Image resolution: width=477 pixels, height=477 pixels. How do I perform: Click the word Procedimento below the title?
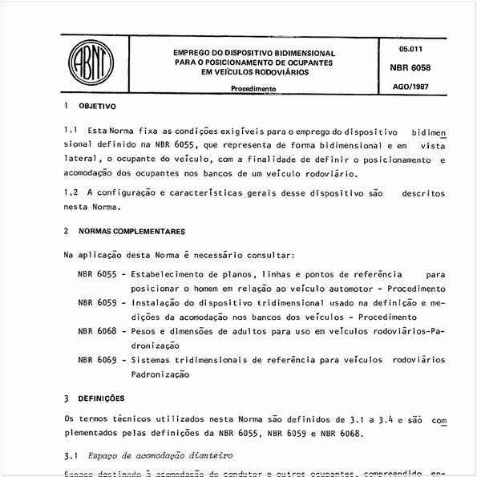[254, 90]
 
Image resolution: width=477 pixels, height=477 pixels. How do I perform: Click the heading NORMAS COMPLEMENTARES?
[138, 230]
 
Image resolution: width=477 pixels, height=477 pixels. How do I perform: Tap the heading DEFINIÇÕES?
[101, 398]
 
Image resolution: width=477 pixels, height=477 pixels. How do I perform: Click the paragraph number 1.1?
[71, 130]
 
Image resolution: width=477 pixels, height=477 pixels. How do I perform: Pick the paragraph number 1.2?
[71, 193]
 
